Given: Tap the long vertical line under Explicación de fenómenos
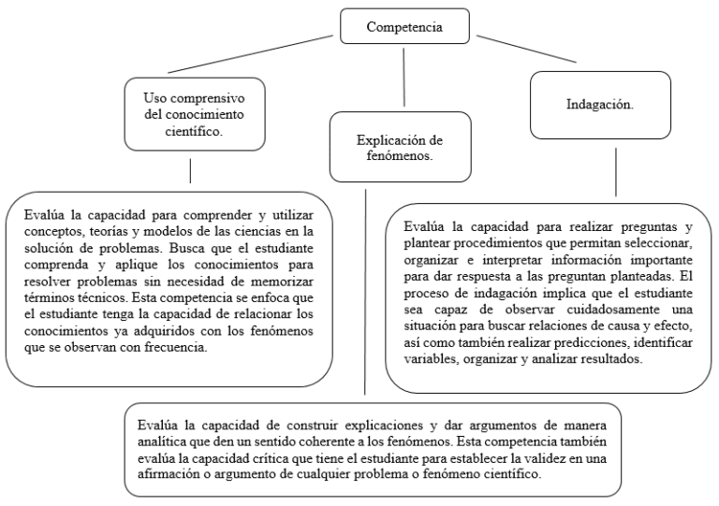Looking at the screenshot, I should [362, 290].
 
